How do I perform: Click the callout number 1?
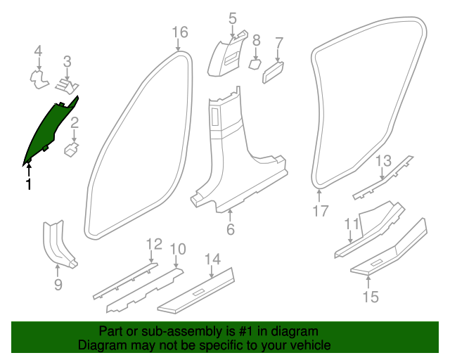(x=28, y=184)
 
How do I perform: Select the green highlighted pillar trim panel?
(x=49, y=130)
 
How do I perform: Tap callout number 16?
(x=181, y=32)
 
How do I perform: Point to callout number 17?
(x=321, y=210)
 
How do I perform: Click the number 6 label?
(x=230, y=230)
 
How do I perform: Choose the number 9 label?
(x=58, y=284)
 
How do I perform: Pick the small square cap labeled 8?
(x=255, y=64)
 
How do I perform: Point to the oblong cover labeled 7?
(x=274, y=71)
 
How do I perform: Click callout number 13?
(x=382, y=161)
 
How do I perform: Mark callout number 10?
(x=178, y=248)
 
